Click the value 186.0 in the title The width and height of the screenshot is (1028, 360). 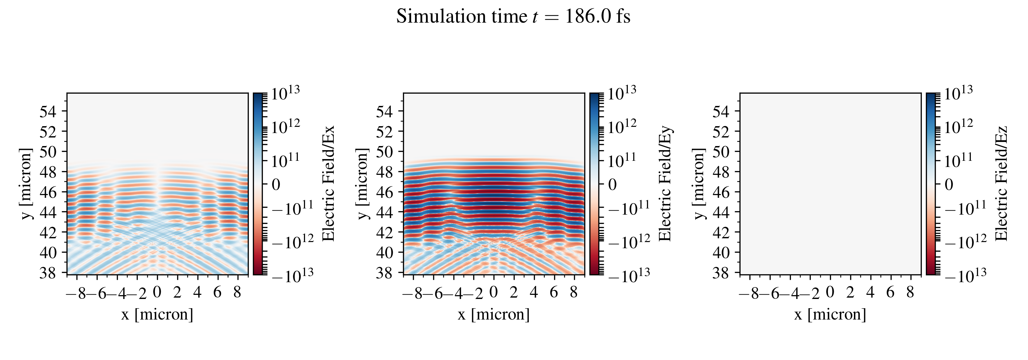click(587, 16)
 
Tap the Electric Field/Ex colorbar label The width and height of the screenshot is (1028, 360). click(328, 183)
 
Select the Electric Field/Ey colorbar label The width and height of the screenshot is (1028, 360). click(665, 183)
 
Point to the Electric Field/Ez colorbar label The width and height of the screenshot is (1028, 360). click(1002, 183)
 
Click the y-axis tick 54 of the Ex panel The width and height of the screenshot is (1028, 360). click(48, 111)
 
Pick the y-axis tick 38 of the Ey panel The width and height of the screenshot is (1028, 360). click(384, 273)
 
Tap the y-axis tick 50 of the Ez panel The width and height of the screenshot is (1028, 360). click(721, 152)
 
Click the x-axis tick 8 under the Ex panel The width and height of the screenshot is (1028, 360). click(237, 292)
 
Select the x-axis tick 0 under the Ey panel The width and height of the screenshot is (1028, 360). click(494, 292)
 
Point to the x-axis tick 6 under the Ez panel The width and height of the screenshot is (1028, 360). click(890, 292)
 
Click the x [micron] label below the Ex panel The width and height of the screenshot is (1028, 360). click(157, 314)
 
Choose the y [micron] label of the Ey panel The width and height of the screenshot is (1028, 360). click(362, 183)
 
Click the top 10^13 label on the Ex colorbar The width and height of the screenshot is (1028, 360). click(285, 94)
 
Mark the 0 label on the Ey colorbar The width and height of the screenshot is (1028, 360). click(613, 184)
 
